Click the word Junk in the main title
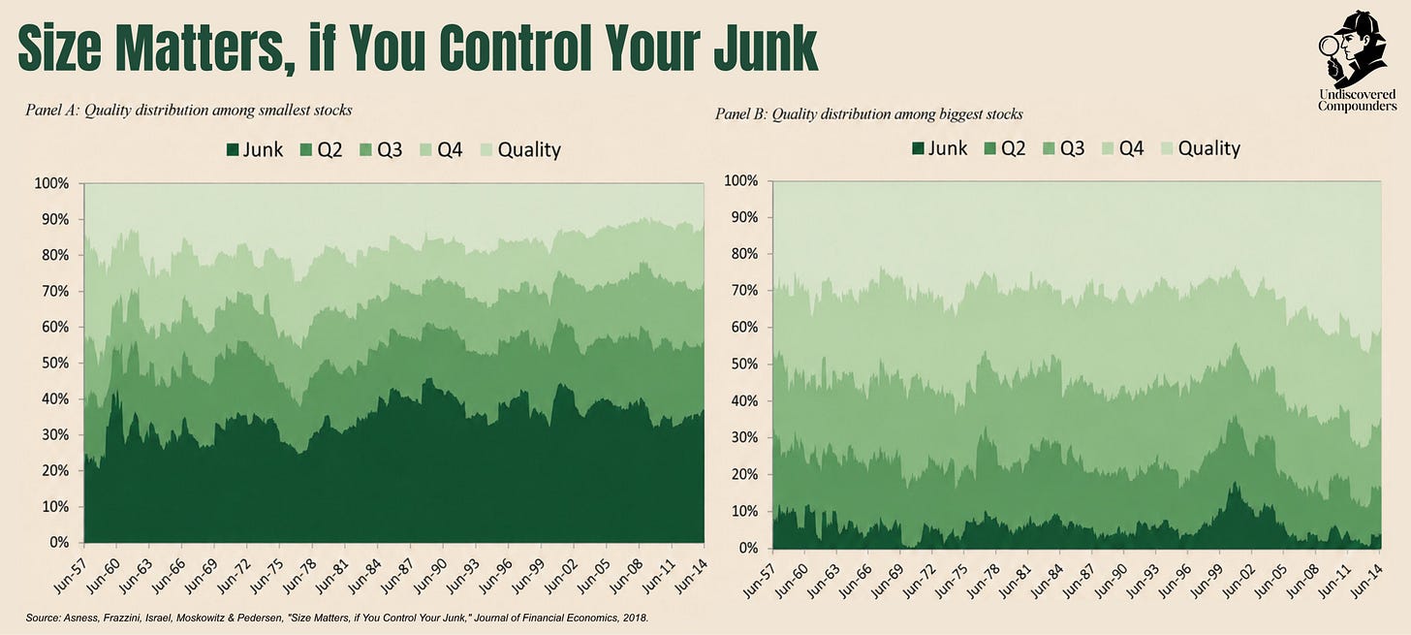[766, 49]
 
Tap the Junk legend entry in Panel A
[255, 150]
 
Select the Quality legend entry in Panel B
[1201, 148]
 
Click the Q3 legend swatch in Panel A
[366, 150]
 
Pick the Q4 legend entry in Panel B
[1123, 148]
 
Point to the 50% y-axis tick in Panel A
[51, 364]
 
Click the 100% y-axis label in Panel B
[740, 181]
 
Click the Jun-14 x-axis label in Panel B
[1366, 581]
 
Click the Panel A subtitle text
[188, 111]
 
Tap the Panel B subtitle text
[868, 114]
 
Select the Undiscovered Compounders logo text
[1358, 100]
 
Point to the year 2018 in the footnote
[637, 618]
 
